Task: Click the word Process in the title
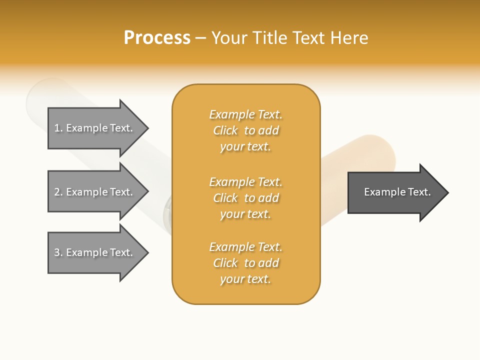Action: pos(157,38)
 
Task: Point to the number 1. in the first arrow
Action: pos(58,128)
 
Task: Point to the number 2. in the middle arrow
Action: pos(58,192)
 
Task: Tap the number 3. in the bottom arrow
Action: pos(58,252)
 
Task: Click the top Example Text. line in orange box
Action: pos(245,115)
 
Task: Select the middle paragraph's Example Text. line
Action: pos(245,182)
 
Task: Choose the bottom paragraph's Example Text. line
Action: pos(245,247)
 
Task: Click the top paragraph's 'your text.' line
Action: pos(245,147)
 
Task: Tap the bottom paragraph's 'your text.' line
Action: pos(245,279)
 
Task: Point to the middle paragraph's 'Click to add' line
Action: pos(245,198)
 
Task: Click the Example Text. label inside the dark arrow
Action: pos(397,192)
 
